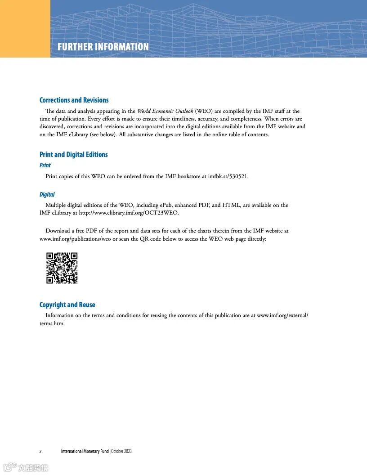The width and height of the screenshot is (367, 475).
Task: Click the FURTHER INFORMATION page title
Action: tap(103, 47)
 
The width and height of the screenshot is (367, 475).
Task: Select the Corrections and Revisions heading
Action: tap(74, 100)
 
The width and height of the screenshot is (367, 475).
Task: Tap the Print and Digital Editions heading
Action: tap(74, 154)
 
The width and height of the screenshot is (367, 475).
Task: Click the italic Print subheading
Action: tap(45, 165)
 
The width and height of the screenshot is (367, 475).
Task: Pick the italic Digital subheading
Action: tap(47, 194)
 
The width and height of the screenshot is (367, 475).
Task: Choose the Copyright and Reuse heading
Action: tap(67, 305)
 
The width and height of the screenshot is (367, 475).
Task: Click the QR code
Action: tap(62, 268)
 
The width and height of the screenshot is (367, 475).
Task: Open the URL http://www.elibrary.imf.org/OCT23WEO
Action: tap(129, 213)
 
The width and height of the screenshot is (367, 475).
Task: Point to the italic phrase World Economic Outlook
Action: tap(165, 111)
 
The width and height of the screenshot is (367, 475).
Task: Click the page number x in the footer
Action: tap(40, 451)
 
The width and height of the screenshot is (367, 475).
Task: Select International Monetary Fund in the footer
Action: tap(85, 451)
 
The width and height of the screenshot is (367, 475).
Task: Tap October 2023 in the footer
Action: tap(121, 451)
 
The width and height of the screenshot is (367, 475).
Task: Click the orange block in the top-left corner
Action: tap(25, 29)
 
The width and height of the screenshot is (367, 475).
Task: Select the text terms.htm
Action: tap(52, 323)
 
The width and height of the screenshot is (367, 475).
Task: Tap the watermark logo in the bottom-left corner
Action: tap(26, 468)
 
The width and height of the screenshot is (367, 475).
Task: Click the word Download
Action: tap(58, 231)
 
